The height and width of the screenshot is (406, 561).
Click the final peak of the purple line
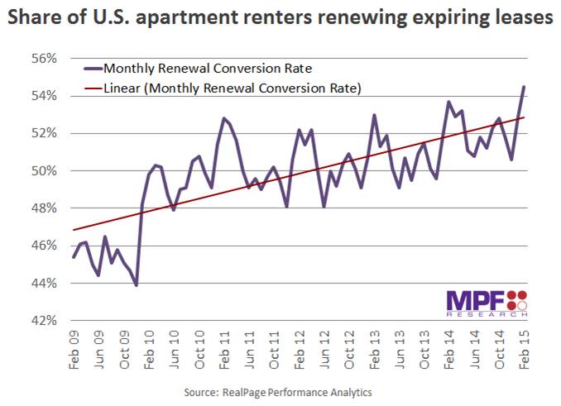click(x=525, y=87)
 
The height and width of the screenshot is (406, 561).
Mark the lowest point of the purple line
click(x=136, y=285)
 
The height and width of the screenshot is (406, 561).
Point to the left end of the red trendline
click(x=74, y=230)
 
